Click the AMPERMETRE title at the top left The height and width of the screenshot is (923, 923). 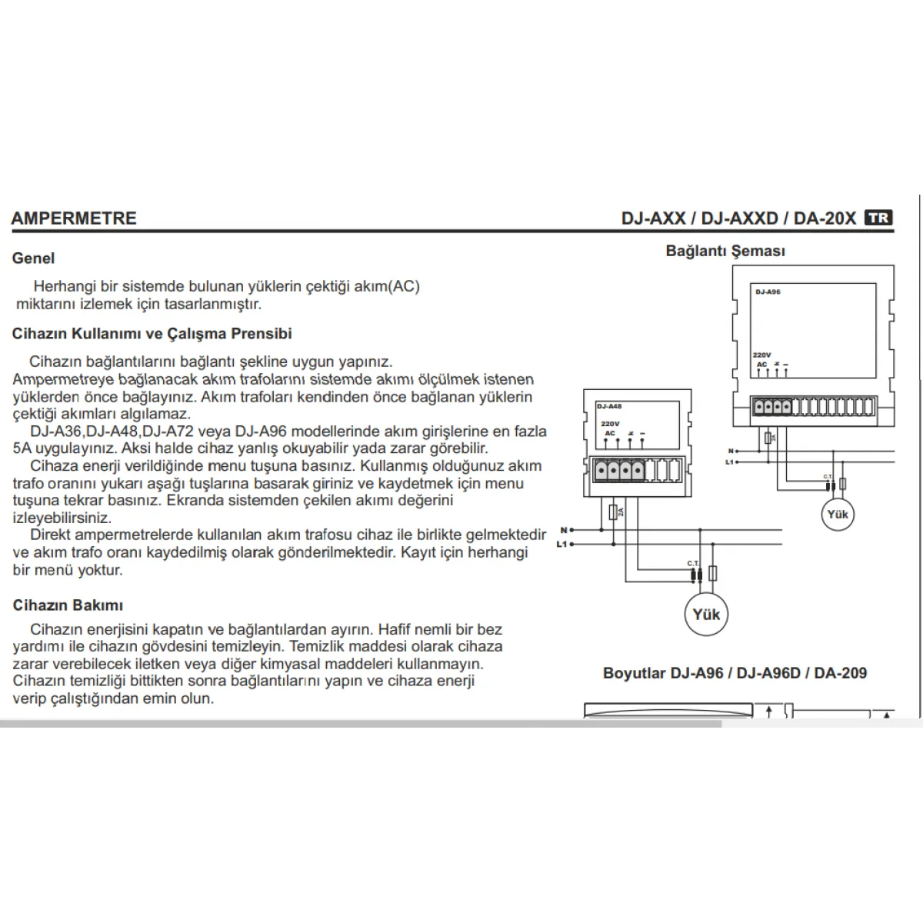coord(74,218)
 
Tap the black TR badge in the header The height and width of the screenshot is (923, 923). coord(878,218)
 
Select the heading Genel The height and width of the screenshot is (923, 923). coord(33,258)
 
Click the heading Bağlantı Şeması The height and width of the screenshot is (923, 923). coord(725,251)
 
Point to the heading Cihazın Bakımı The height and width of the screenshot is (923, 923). coord(68,605)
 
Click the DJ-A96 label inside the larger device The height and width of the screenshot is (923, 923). coord(768,292)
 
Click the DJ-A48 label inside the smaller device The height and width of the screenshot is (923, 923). coord(609,405)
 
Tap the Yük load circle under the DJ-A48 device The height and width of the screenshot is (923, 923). coord(706,614)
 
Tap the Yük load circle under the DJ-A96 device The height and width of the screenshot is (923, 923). coord(837,514)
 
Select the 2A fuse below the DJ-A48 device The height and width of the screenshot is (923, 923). coord(612,512)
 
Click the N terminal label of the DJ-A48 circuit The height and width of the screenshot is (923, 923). coord(564,530)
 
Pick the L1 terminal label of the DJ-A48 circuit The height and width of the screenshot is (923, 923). coord(561,544)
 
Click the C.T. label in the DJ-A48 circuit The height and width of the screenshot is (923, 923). coord(693,564)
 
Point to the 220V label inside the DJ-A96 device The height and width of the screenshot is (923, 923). coord(761,355)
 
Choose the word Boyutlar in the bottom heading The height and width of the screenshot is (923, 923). coord(634,673)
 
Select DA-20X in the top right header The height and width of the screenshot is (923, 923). coord(825,218)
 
